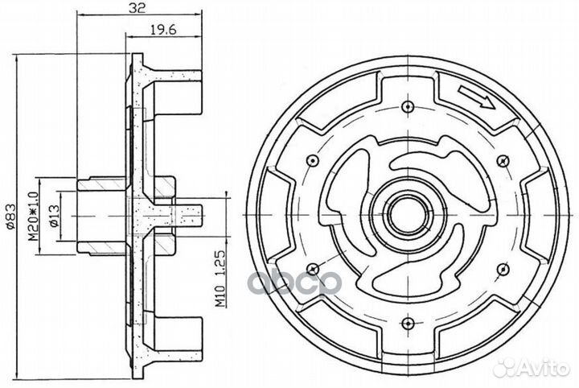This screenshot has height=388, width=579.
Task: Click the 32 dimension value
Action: pyautogui.click(x=137, y=7)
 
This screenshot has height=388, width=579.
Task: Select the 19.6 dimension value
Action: pyautogui.click(x=163, y=30)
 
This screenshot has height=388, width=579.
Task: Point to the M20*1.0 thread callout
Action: pyautogui.click(x=34, y=217)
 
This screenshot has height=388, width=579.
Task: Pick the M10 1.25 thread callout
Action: pyautogui.click(x=220, y=279)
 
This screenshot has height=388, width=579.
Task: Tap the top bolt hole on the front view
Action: pyautogui.click(x=407, y=107)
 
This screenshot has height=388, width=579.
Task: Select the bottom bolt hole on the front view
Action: pyautogui.click(x=407, y=323)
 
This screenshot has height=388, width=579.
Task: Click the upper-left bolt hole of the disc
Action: pyautogui.click(x=313, y=160)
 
